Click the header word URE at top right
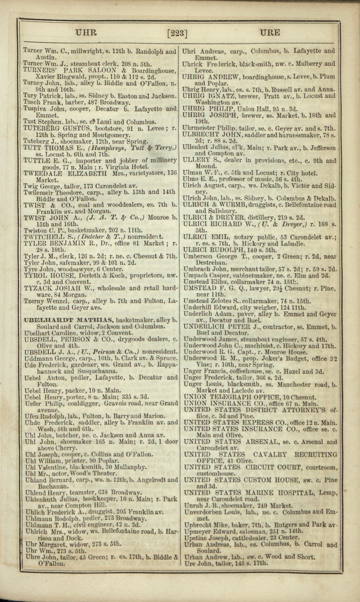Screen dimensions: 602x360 point(270,33)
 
